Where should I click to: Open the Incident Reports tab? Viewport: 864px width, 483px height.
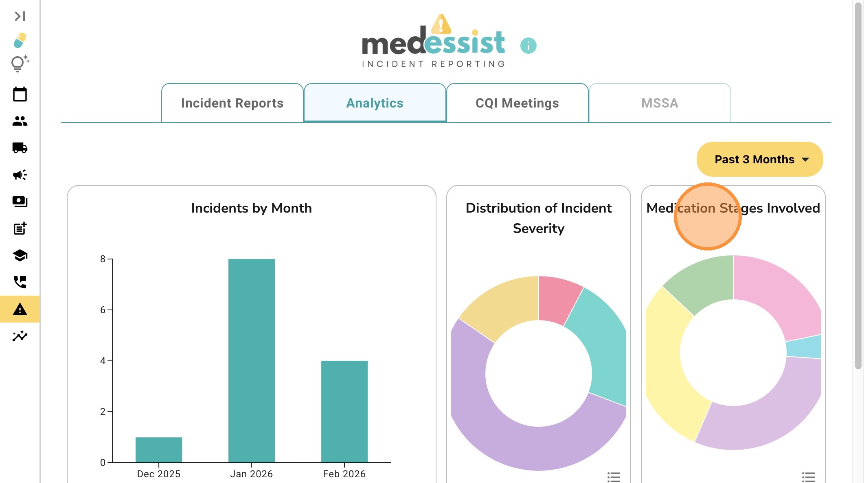click(232, 103)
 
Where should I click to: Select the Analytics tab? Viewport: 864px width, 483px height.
click(375, 103)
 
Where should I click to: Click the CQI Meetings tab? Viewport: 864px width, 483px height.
click(517, 103)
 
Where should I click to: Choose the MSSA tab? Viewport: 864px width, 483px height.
click(660, 103)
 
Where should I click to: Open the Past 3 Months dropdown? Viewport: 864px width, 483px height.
click(760, 159)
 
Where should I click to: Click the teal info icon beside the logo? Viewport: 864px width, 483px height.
click(528, 46)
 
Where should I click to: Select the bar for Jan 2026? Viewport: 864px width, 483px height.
click(251, 360)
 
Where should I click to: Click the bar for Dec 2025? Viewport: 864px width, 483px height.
click(158, 450)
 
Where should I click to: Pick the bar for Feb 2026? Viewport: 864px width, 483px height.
click(344, 411)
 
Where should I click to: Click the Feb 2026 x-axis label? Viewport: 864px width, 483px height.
click(344, 474)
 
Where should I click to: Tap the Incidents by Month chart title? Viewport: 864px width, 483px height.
click(251, 208)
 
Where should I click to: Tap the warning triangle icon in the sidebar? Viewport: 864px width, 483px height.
click(20, 310)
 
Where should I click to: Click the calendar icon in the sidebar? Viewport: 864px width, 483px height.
click(20, 94)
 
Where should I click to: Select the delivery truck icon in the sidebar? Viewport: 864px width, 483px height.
click(20, 148)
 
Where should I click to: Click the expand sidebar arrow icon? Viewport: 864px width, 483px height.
click(20, 16)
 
